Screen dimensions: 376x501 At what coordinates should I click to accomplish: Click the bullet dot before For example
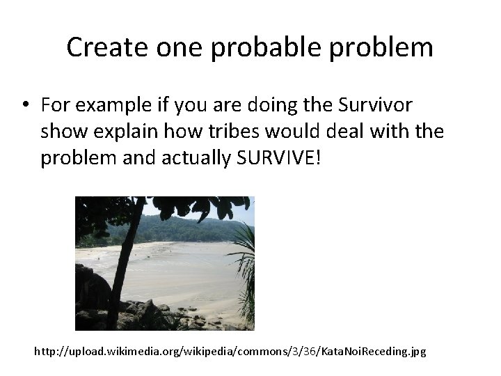click(x=25, y=105)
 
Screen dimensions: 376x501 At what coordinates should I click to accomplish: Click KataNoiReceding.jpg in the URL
click(x=367, y=352)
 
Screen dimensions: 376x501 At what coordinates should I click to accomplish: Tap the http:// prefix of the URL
click(x=50, y=352)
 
